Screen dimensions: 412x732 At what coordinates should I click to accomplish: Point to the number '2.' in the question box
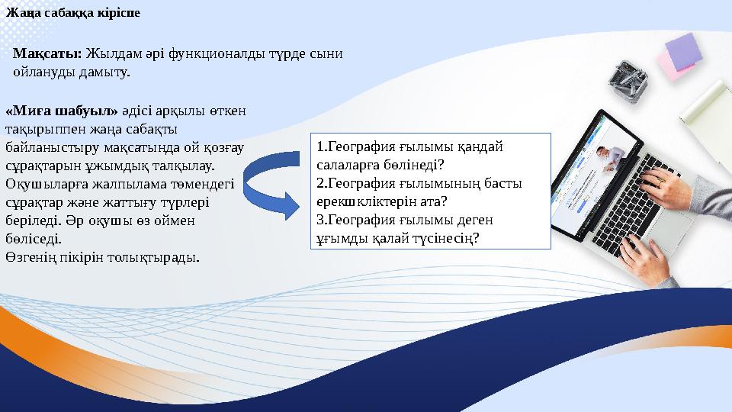coord(322,183)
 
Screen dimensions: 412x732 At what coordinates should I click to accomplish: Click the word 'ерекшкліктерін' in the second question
coord(364,201)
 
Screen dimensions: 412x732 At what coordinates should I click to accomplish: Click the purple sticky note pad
coord(682,50)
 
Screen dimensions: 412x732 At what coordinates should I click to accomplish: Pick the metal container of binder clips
coord(629,80)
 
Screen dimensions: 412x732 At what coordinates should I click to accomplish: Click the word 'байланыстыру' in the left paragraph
coord(47,146)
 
